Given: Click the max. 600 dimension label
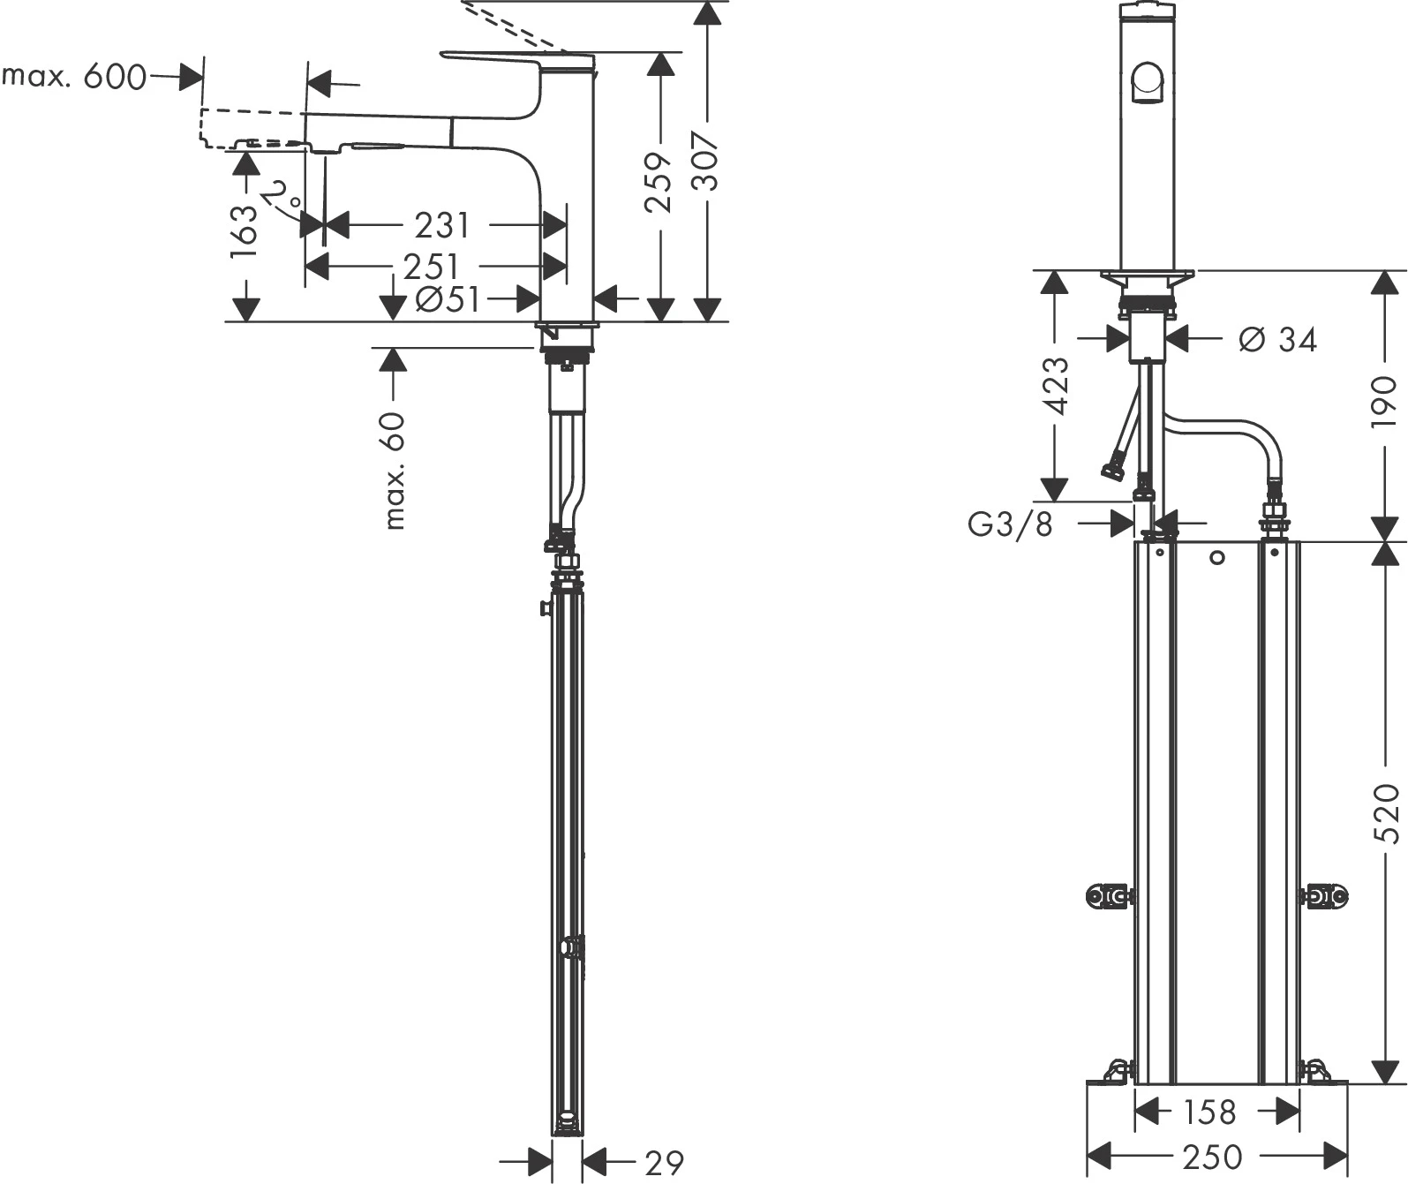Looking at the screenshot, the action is tap(73, 77).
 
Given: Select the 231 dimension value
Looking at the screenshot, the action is tap(441, 225).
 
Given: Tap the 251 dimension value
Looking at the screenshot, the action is tap(432, 267).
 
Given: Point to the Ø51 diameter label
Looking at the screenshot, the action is tap(448, 298).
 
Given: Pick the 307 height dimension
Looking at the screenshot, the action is tap(706, 161).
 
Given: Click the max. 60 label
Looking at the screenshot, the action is tap(395, 471).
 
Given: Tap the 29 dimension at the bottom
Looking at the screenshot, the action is tap(664, 1163).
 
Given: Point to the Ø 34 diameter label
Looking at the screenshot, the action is tap(1278, 339).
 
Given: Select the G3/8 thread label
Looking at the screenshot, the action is tap(1010, 524).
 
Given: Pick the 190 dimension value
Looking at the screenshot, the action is tap(1384, 402).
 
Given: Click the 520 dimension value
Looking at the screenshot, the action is tap(1387, 813).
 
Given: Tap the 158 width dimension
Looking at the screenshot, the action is tap(1209, 1112).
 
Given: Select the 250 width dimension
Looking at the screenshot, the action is tap(1212, 1158).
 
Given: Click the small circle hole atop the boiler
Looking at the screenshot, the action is tap(1217, 558).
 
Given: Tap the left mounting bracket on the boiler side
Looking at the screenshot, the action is tap(1110, 896).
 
